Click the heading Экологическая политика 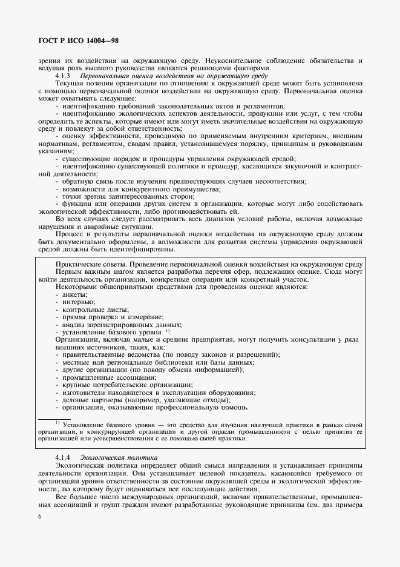coord(111,456)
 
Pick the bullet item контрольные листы coord(91,309)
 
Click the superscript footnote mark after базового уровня coord(168,331)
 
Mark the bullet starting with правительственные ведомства coord(170,354)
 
